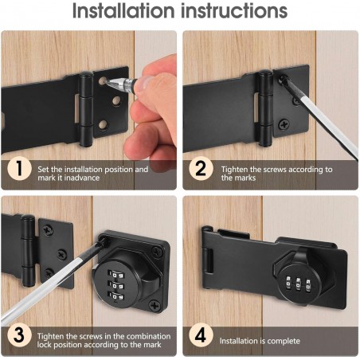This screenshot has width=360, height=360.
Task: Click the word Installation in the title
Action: pos(123,10)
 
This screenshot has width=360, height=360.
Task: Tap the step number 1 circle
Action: pos(19,168)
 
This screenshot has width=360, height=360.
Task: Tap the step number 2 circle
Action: pos(201,169)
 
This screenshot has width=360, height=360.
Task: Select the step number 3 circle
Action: pos(19,335)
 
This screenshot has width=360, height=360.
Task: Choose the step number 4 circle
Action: pos(201,335)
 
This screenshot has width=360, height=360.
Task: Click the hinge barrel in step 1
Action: pos(86,109)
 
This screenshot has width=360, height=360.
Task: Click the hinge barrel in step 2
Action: pos(265,108)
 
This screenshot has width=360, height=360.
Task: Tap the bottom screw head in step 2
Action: pos(284,124)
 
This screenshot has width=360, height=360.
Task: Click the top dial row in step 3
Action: pos(115,274)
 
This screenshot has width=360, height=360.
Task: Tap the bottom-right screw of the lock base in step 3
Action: pos(155,305)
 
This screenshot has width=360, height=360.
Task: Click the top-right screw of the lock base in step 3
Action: pos(157,251)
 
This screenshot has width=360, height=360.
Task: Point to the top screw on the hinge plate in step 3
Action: pos(48,230)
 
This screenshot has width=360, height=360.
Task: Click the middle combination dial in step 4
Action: pos(298,284)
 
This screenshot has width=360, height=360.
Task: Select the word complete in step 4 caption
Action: pos(284,342)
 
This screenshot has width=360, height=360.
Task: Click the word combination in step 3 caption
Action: pos(148,336)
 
